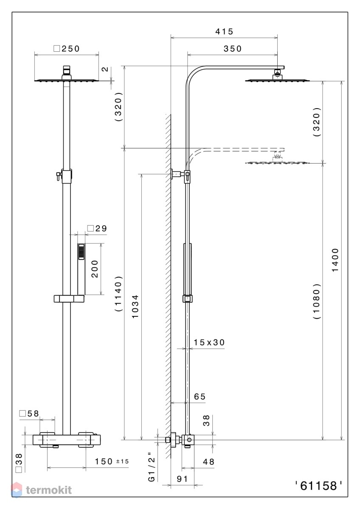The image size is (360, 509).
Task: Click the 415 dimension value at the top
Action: (224, 31)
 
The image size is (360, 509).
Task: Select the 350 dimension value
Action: (232, 48)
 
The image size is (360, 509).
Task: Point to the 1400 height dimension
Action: (335, 260)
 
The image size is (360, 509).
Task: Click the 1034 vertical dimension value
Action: (135, 307)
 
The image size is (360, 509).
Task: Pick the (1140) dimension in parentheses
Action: (118, 294)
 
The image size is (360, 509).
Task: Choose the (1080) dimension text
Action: (317, 301)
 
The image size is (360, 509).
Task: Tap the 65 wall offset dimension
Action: (200, 397)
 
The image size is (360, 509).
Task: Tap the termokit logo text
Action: (49, 490)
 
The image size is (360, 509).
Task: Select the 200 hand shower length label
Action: (95, 269)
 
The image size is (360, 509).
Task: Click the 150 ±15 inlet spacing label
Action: (111, 461)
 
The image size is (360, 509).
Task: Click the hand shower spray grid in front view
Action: (81, 252)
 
